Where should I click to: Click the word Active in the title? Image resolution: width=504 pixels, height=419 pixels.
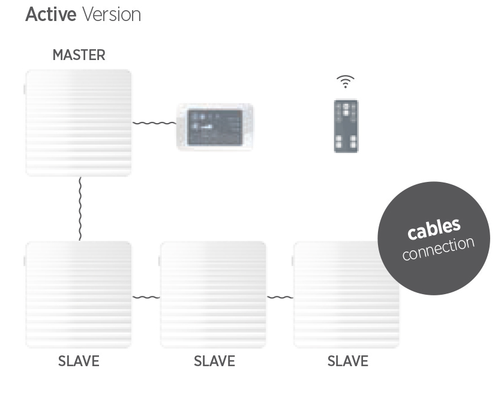pos(51,14)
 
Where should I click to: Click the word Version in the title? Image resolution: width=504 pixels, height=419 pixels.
pos(112,14)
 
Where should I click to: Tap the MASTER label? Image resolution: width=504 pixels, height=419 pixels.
pos(79,55)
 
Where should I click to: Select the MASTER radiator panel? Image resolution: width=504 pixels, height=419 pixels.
pos(79,123)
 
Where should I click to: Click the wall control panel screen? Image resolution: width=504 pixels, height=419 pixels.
pos(215,127)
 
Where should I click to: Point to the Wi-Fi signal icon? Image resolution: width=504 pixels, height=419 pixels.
pos(346,82)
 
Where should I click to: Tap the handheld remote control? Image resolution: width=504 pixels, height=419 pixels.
pos(346,126)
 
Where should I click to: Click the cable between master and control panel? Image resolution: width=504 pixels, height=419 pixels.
pos(154,123)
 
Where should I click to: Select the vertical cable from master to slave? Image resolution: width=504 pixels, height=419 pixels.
pos(80,209)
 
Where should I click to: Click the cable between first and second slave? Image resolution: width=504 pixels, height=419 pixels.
pos(146,297)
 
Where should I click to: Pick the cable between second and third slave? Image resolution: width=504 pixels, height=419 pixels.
pos(280,297)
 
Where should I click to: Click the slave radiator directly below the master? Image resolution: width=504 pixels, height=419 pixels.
pos(79,295)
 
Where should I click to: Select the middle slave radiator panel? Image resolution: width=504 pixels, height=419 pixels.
pos(213,295)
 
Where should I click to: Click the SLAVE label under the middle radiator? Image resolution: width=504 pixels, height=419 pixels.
pos(214,361)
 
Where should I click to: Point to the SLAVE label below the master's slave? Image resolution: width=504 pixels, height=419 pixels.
pos(79,361)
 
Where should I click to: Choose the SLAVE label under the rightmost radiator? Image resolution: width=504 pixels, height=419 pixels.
pos(348,361)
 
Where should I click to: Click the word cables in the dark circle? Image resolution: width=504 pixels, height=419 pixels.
pos(434,228)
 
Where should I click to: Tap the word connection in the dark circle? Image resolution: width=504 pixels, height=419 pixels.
pos(439,249)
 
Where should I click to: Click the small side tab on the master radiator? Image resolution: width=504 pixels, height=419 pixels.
pos(25,89)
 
